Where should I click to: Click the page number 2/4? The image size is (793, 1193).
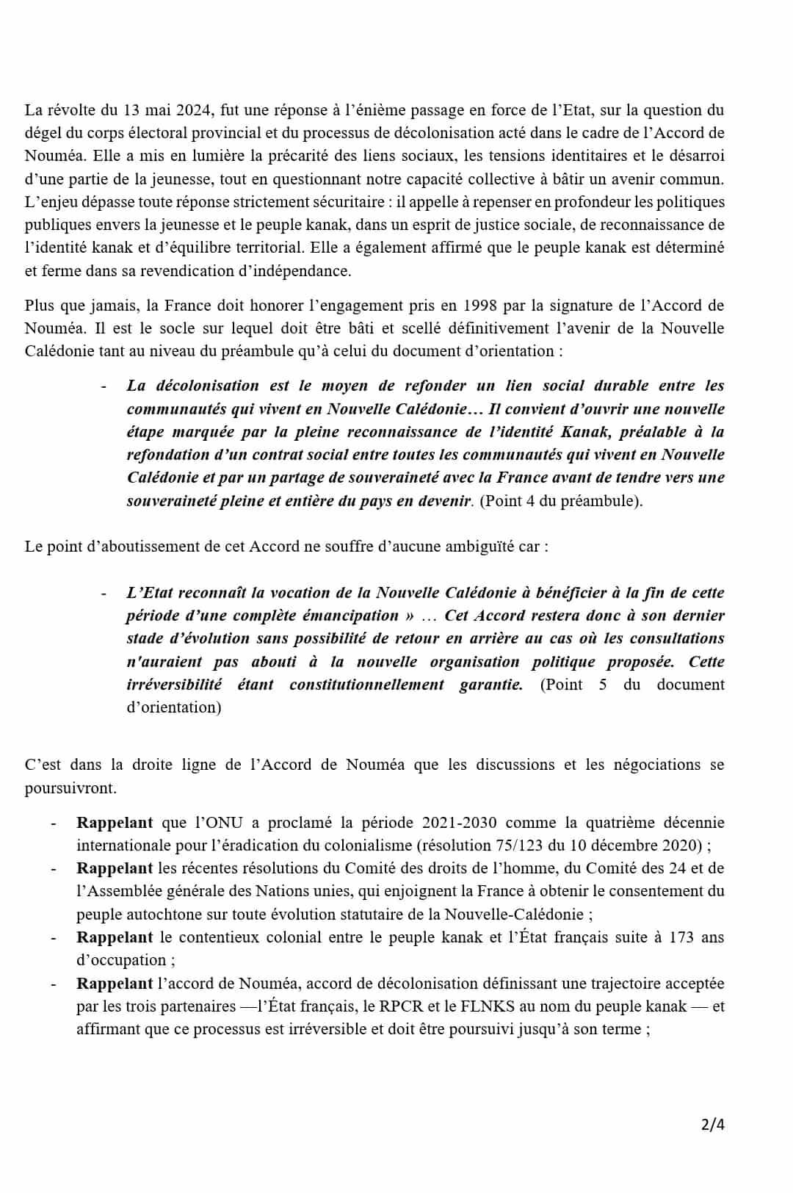pyautogui.click(x=712, y=1124)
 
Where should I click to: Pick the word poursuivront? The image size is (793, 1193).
pyautogui.click(x=70, y=787)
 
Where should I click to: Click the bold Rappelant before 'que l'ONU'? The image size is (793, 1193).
pyautogui.click(x=115, y=822)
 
